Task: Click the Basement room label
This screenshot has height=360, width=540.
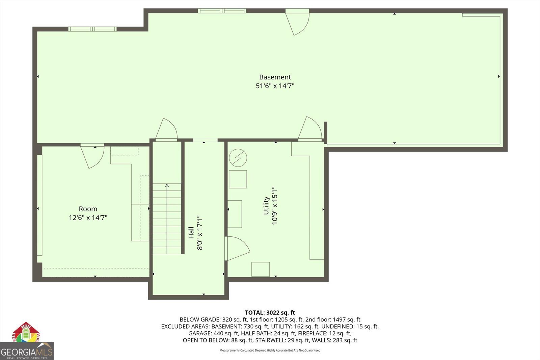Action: pyautogui.click(x=275, y=77)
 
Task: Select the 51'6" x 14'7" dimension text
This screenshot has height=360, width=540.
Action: pyautogui.click(x=275, y=86)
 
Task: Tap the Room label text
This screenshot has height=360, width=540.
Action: pyautogui.click(x=88, y=209)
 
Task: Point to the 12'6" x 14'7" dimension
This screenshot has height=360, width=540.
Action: pyautogui.click(x=88, y=217)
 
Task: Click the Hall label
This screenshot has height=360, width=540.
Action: pyautogui.click(x=191, y=232)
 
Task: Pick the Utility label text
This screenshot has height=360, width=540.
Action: pyautogui.click(x=266, y=205)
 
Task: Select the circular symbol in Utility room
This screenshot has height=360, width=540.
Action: pyautogui.click(x=238, y=157)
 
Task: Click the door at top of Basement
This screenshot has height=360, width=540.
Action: pyautogui.click(x=298, y=22)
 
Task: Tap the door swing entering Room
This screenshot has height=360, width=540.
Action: pyautogui.click(x=93, y=156)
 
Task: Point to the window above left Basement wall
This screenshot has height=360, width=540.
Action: pyautogui.click(x=92, y=29)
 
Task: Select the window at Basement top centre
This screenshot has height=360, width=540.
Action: pyautogui.click(x=222, y=11)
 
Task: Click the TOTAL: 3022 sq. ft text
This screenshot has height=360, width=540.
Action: pyautogui.click(x=270, y=312)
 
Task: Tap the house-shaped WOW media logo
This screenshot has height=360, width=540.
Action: pyautogui.click(x=26, y=333)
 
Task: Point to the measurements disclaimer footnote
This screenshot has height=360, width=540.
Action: pyautogui.click(x=270, y=350)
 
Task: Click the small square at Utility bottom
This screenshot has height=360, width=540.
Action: pyautogui.click(x=260, y=269)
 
